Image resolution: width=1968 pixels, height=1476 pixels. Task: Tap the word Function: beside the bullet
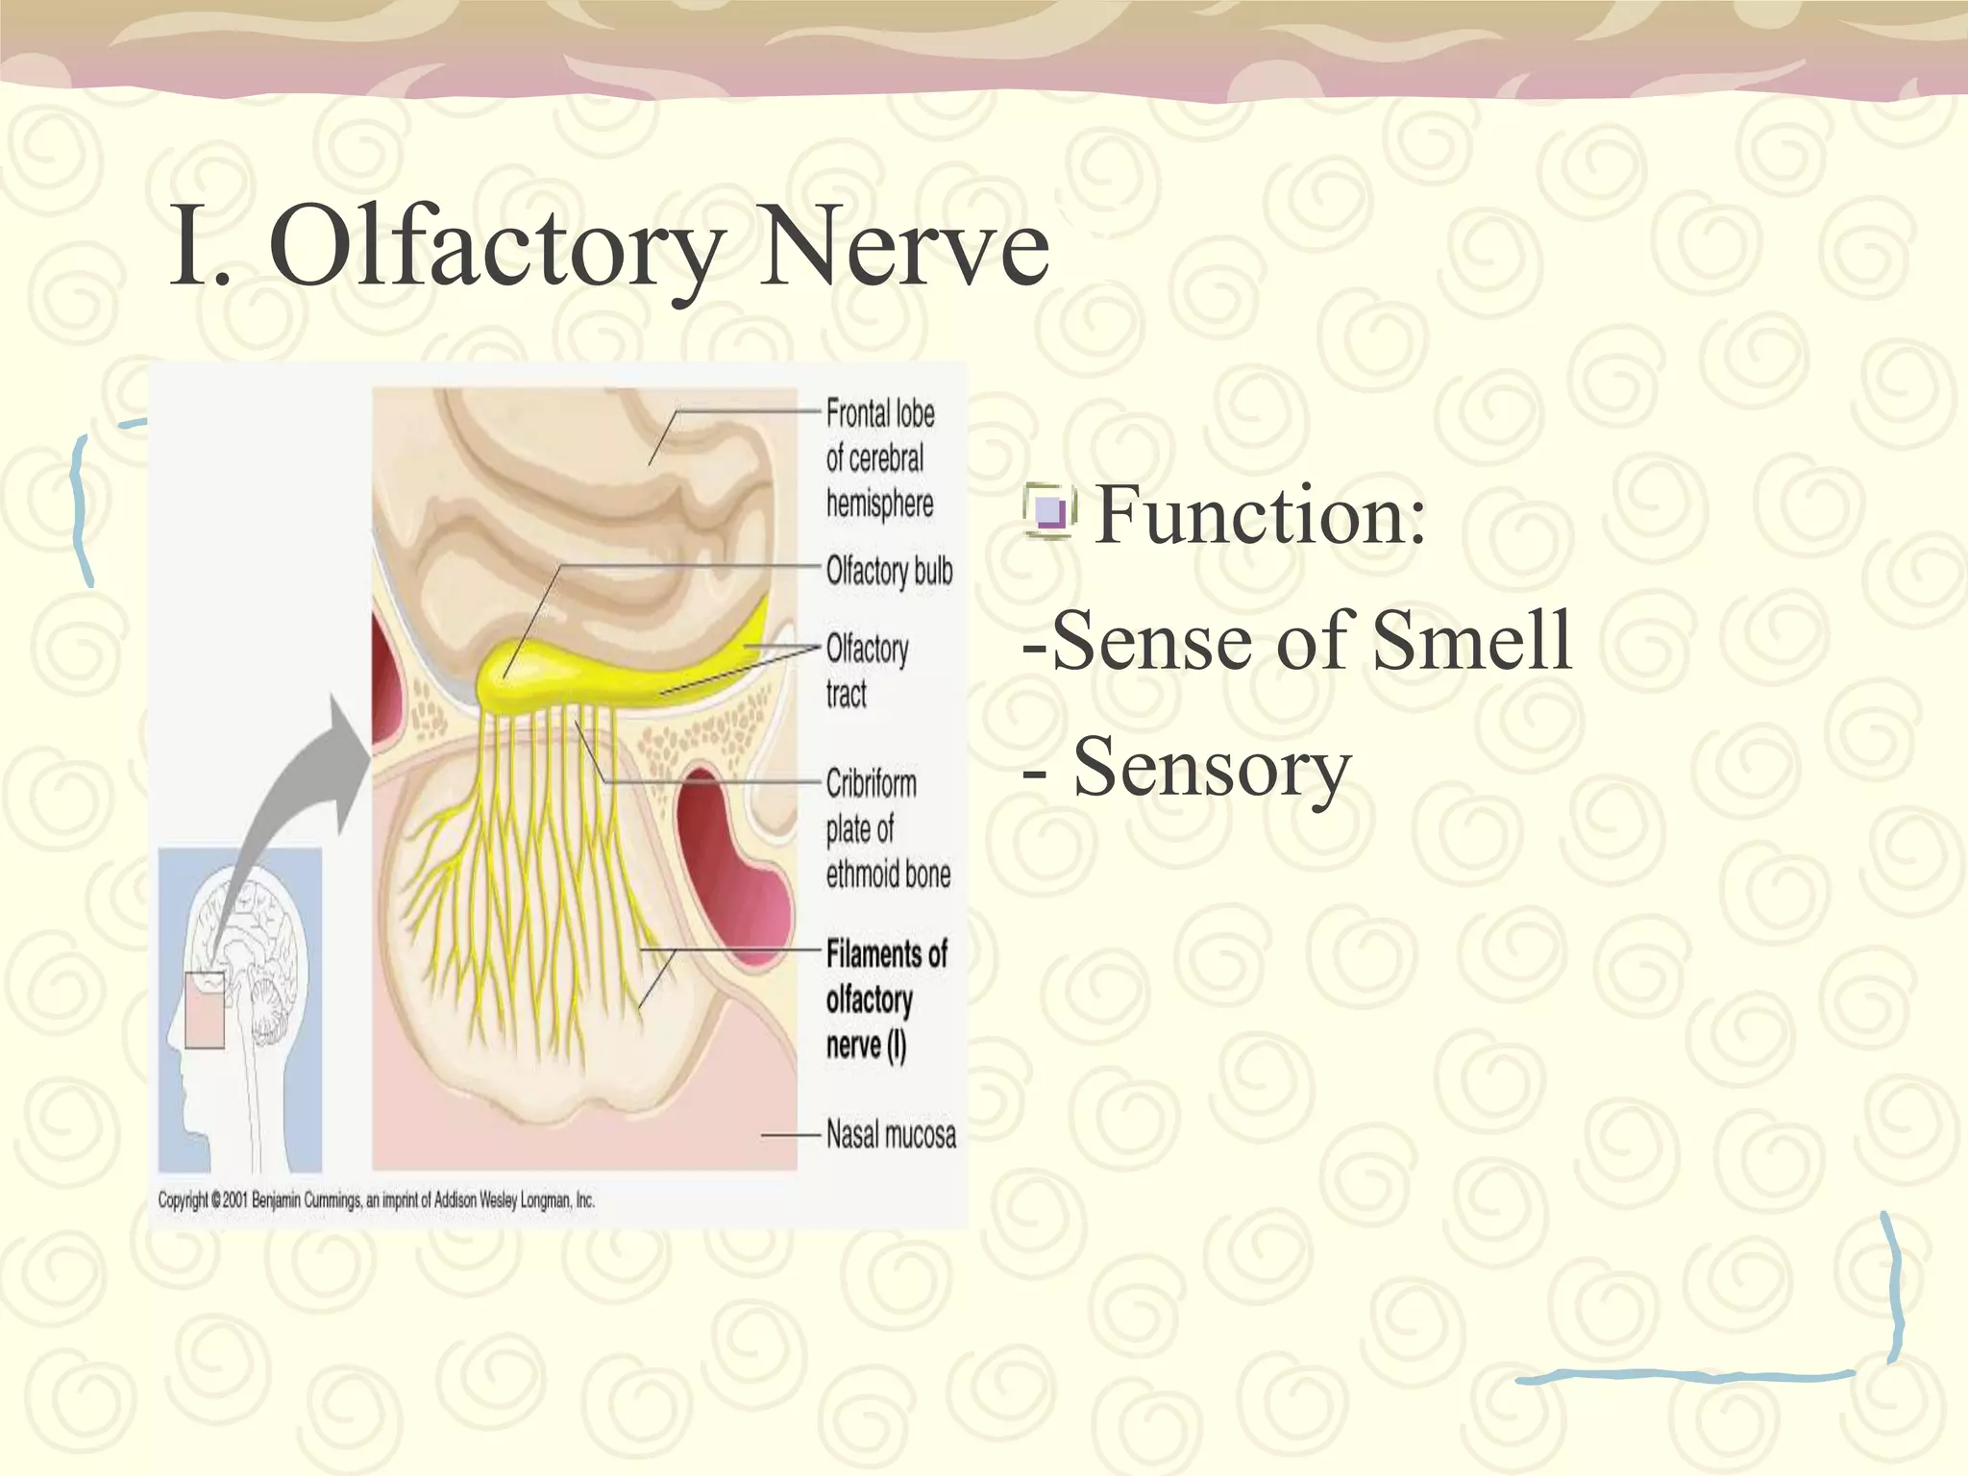pos(1260,516)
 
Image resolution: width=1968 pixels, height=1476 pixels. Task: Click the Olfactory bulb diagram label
pos(889,571)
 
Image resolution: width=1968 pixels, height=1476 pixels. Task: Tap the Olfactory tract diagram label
pos(867,671)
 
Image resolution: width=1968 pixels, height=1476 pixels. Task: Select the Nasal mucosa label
pos(891,1135)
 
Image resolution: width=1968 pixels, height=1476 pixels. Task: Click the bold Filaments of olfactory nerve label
pos(885,999)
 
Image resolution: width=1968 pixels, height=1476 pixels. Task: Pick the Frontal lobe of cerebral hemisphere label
pos(880,458)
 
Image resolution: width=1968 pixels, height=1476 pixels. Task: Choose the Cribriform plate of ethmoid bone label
pos(887,828)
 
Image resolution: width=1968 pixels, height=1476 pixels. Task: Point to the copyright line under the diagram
pos(376,1200)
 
